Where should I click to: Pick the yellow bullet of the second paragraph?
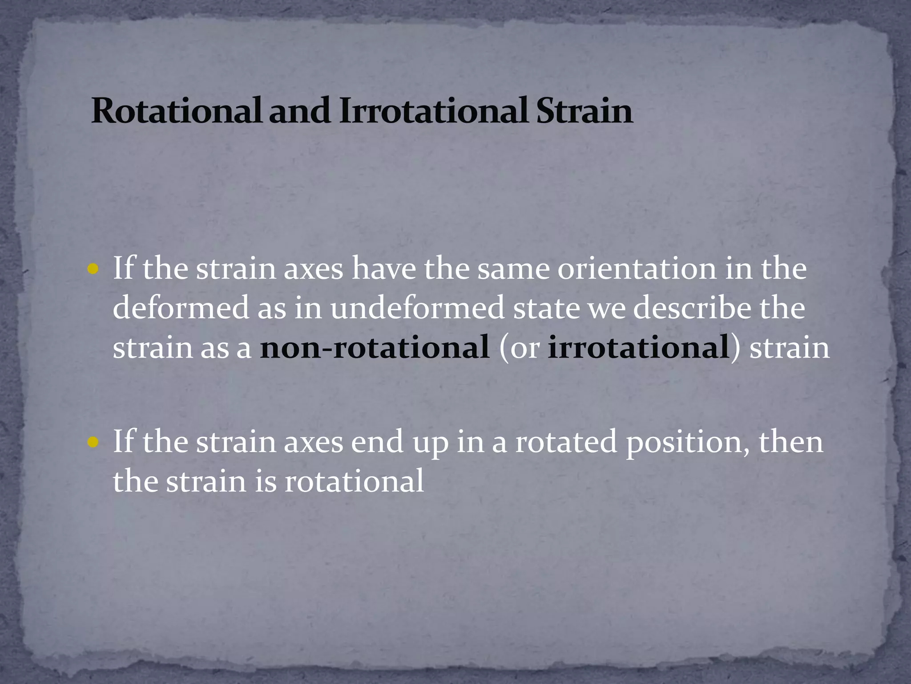(x=93, y=442)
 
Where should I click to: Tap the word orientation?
(x=637, y=269)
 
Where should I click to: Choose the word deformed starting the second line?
(x=181, y=308)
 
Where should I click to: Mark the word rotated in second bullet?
(x=566, y=442)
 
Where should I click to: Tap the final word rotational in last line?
(x=354, y=481)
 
